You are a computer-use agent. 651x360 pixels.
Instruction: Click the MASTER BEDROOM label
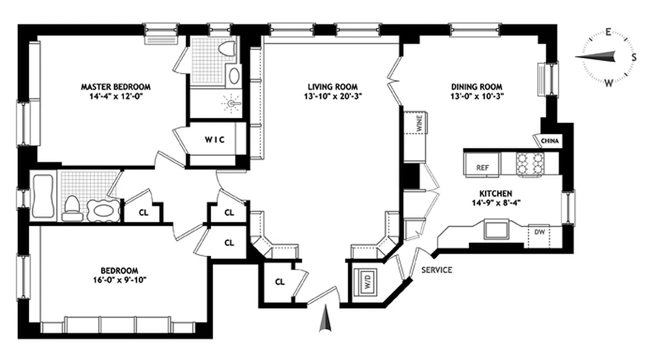pos(116,86)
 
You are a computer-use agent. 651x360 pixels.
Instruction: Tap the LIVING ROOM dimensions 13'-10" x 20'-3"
pos(333,96)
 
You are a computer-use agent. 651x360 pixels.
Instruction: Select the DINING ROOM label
pos(477,86)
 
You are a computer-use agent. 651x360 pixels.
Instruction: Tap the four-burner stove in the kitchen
pos(530,163)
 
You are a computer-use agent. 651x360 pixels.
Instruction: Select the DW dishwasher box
pos(538,232)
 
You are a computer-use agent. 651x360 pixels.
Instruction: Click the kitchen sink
pos(495,229)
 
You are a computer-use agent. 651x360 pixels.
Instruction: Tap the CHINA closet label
pos(550,141)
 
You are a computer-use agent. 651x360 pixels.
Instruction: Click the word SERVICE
pos(436,270)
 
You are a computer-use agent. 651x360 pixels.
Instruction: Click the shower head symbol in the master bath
pos(232,103)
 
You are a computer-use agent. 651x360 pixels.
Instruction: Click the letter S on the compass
pos(633,57)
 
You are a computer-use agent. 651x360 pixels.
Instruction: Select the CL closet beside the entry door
pos(280,282)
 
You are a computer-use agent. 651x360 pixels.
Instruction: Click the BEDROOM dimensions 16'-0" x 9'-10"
pos(119,279)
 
